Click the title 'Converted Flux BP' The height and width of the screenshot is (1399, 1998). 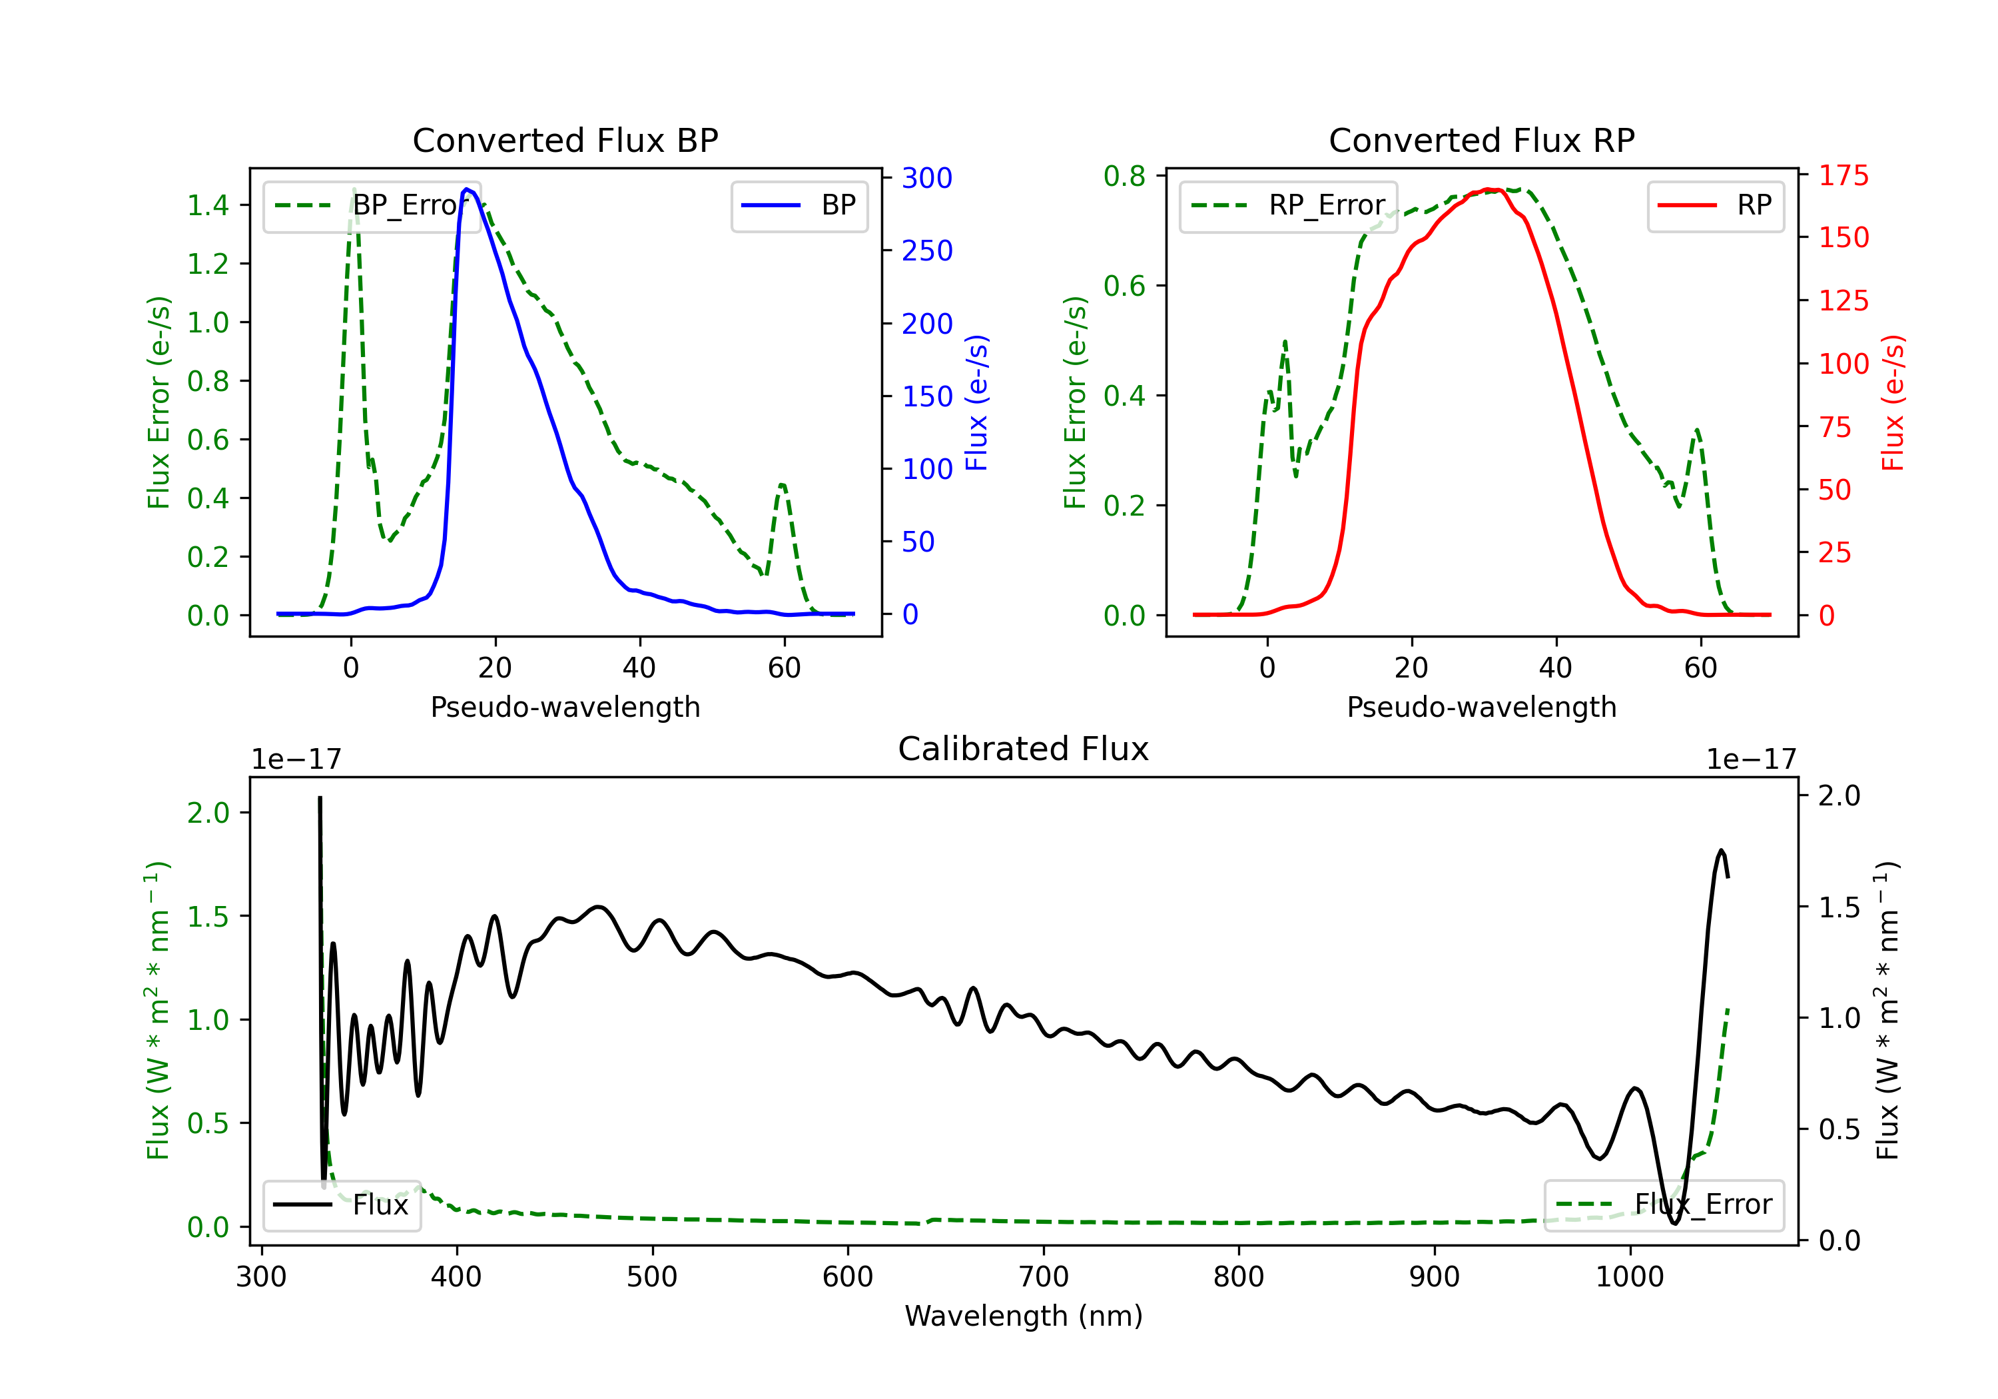click(x=565, y=140)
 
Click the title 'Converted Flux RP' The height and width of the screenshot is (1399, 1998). click(x=1481, y=140)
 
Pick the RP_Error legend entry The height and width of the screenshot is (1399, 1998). click(x=1288, y=205)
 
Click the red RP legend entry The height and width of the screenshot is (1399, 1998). click(x=1715, y=205)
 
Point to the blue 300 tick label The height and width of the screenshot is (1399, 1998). click(x=927, y=178)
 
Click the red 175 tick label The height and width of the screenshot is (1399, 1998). click(x=1843, y=175)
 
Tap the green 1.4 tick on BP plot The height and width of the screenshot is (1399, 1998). click(x=208, y=205)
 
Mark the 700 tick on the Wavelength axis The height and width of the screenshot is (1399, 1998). click(x=1044, y=1276)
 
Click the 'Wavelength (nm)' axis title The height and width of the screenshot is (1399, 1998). click(x=1024, y=1316)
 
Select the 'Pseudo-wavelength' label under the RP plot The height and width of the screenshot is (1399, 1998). click(x=1481, y=707)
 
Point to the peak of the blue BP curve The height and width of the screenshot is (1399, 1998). click(x=468, y=189)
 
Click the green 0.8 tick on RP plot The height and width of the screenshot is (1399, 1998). click(x=1124, y=176)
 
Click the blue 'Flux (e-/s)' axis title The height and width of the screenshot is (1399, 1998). click(x=976, y=402)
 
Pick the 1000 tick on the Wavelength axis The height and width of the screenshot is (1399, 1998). click(x=1629, y=1276)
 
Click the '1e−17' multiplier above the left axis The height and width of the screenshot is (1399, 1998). click(x=296, y=759)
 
